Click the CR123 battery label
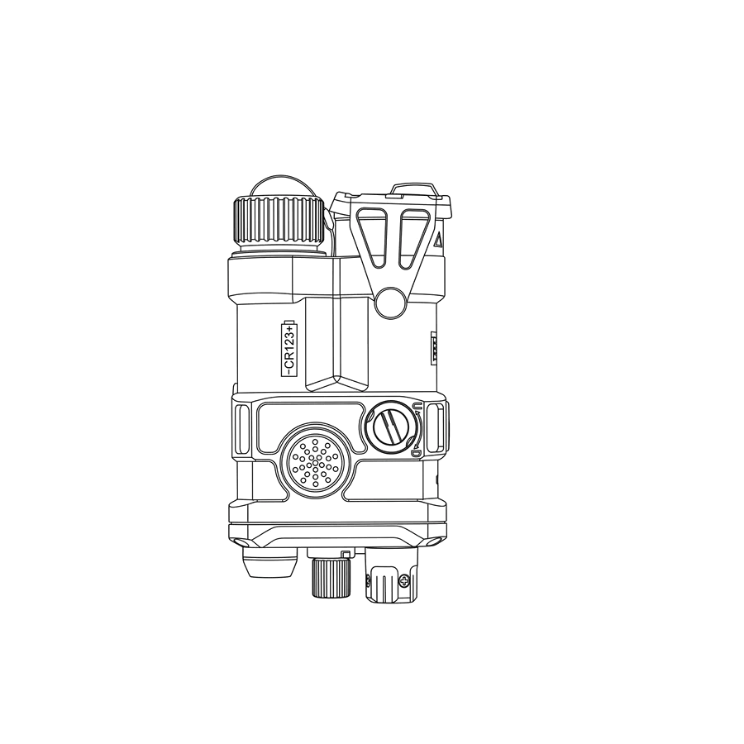(x=289, y=348)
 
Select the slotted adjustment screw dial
(x=391, y=427)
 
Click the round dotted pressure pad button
(x=316, y=461)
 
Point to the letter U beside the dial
(x=417, y=406)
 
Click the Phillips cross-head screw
(x=404, y=580)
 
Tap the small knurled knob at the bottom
(x=331, y=578)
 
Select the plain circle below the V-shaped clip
(x=391, y=303)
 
